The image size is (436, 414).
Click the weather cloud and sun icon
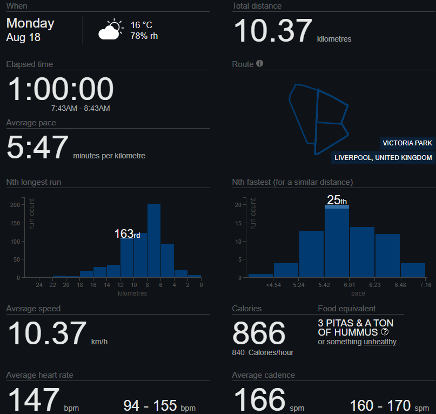[x=110, y=30]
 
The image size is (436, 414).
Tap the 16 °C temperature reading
[x=142, y=25]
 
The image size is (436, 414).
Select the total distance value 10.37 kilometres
[x=273, y=31]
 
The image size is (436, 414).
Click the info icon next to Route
[x=260, y=64]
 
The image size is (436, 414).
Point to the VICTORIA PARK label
[x=407, y=143]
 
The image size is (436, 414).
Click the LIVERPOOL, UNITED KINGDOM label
[x=383, y=158]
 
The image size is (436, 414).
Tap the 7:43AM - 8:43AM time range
[x=81, y=109]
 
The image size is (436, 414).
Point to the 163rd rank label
[x=127, y=234]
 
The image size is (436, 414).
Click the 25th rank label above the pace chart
[x=337, y=200]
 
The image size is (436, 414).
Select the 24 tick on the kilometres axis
[x=39, y=285]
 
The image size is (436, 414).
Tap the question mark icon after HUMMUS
[x=385, y=332]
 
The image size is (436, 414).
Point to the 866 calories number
[x=259, y=333]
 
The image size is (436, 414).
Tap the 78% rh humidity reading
[x=144, y=36]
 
